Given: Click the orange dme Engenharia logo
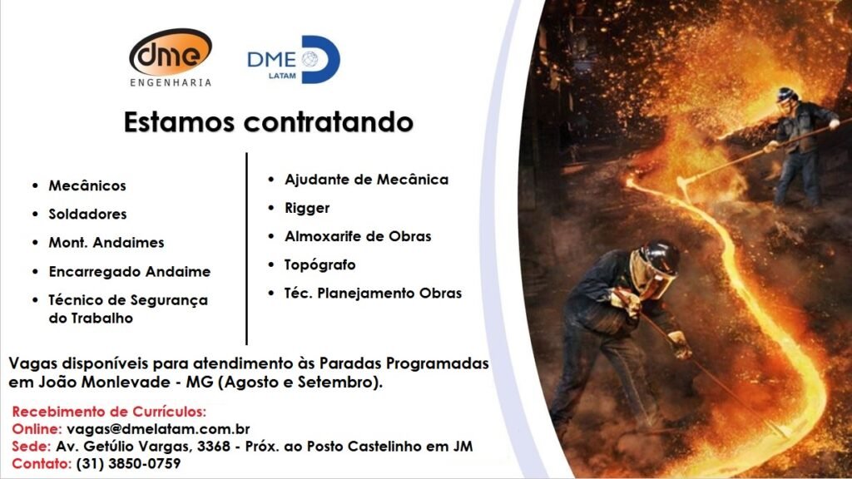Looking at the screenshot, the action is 171,57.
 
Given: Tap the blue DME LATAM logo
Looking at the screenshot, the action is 294,59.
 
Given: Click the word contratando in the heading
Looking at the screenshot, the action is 328,121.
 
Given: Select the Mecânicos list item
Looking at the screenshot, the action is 87,185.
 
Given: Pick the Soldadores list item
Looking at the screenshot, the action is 87,214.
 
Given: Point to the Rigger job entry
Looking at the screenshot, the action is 307,209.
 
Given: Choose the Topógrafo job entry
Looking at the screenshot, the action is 320,265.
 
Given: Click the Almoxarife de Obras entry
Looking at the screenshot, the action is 358,236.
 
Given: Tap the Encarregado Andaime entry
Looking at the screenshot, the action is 129,272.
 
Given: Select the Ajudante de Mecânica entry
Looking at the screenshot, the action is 366,180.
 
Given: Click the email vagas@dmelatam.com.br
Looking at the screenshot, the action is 158,429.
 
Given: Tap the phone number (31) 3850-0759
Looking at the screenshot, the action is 128,464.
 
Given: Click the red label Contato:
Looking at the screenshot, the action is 42,464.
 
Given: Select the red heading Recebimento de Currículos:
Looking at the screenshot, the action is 109,411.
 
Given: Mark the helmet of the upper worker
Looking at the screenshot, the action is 786,95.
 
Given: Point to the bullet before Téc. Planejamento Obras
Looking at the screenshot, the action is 271,294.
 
